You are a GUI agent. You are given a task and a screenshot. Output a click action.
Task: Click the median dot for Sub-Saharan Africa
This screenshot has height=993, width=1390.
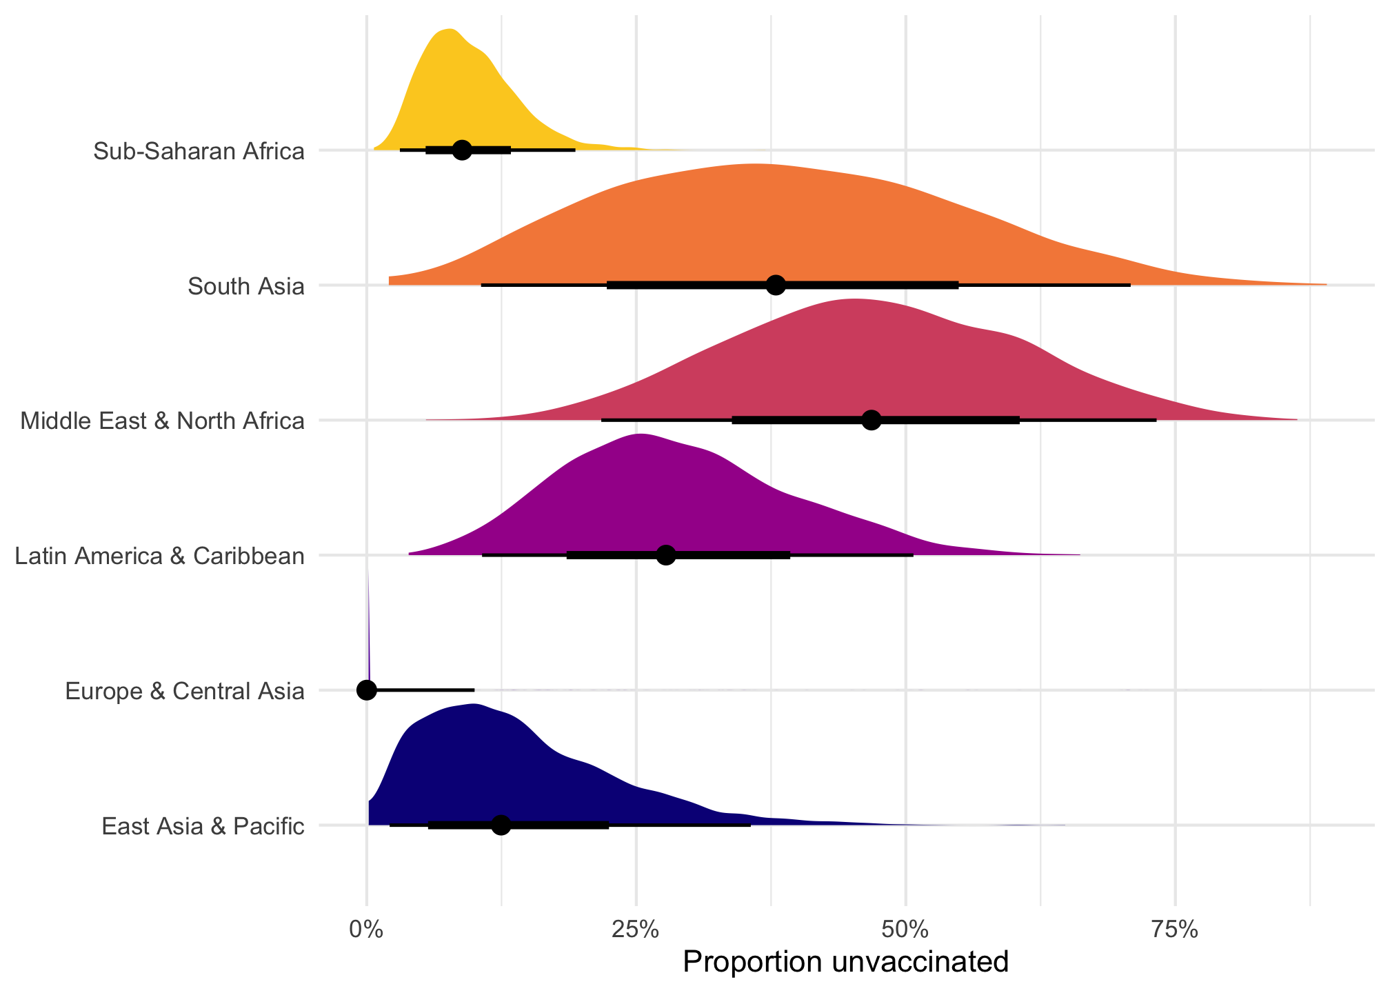click(x=462, y=150)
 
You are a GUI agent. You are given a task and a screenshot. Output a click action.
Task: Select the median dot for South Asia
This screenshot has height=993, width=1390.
click(x=776, y=285)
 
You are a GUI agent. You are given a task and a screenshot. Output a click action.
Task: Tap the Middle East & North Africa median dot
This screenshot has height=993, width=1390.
click(x=872, y=420)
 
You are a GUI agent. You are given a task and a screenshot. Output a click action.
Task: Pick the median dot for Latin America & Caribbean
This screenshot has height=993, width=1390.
click(x=665, y=555)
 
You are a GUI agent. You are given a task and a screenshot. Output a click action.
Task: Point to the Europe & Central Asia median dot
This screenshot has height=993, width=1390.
click(x=367, y=690)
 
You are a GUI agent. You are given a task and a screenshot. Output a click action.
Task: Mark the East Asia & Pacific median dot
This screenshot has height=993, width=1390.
click(x=501, y=825)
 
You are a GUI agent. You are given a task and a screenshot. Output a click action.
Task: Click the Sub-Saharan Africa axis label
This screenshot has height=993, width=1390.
click(x=199, y=151)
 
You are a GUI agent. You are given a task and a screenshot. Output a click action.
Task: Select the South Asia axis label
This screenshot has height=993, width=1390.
click(x=246, y=286)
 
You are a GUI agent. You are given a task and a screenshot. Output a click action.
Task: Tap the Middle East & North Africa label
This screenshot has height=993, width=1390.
click(x=163, y=421)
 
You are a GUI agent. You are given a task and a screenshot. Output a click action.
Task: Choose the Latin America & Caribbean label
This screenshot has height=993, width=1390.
click(x=160, y=556)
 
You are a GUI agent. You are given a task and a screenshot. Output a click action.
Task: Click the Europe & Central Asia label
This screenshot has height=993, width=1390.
click(x=185, y=691)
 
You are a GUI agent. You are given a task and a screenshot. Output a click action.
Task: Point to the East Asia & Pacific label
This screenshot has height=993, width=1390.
click(x=203, y=826)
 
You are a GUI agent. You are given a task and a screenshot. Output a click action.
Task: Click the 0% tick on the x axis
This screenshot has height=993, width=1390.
click(x=366, y=929)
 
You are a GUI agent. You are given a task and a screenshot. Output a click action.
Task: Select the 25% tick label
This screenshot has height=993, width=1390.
click(x=636, y=929)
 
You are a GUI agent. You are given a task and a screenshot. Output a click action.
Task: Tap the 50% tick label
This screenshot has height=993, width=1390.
click(x=905, y=929)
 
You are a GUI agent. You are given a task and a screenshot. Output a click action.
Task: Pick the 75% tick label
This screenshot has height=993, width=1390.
click(x=1175, y=929)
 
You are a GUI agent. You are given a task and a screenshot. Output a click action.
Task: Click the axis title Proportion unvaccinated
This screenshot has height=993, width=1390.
click(x=845, y=963)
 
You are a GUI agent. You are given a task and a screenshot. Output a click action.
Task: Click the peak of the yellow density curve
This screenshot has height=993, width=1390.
click(x=450, y=30)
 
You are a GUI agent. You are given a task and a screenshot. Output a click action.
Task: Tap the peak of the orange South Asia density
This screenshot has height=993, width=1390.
click(x=755, y=165)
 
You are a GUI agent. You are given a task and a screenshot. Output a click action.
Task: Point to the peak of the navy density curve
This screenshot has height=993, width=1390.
click(x=474, y=705)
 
